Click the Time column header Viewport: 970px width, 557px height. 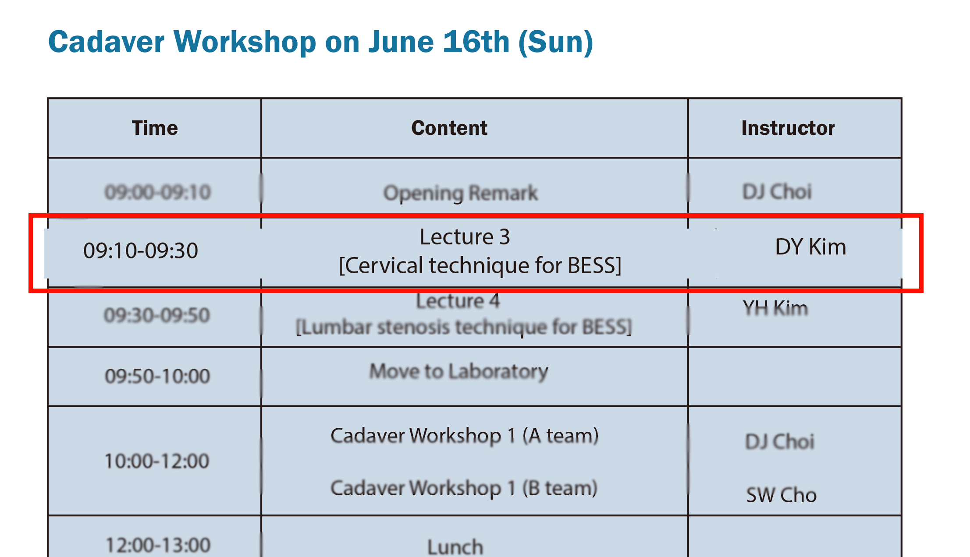click(155, 128)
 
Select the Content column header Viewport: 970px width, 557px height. click(449, 128)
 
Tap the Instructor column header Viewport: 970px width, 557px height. click(788, 128)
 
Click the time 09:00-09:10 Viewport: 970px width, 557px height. click(158, 192)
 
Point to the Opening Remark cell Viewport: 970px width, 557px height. click(461, 193)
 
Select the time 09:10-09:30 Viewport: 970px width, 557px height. click(141, 250)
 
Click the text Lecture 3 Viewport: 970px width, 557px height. click(465, 237)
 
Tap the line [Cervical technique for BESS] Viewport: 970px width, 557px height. click(480, 265)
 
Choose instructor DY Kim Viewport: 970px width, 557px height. click(810, 247)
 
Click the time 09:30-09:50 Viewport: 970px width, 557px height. click(157, 315)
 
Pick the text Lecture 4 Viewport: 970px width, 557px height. click(458, 301)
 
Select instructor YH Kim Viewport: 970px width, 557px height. click(775, 308)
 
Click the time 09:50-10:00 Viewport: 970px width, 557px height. click(157, 376)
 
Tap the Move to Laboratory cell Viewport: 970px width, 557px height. click(458, 372)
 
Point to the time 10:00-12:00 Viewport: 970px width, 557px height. click(157, 461)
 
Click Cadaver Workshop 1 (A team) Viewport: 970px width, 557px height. click(465, 435)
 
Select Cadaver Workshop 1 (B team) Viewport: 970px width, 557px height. click(464, 488)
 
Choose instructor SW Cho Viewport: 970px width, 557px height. click(782, 495)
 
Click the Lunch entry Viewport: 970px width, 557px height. click(455, 547)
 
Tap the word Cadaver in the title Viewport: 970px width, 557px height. click(107, 42)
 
